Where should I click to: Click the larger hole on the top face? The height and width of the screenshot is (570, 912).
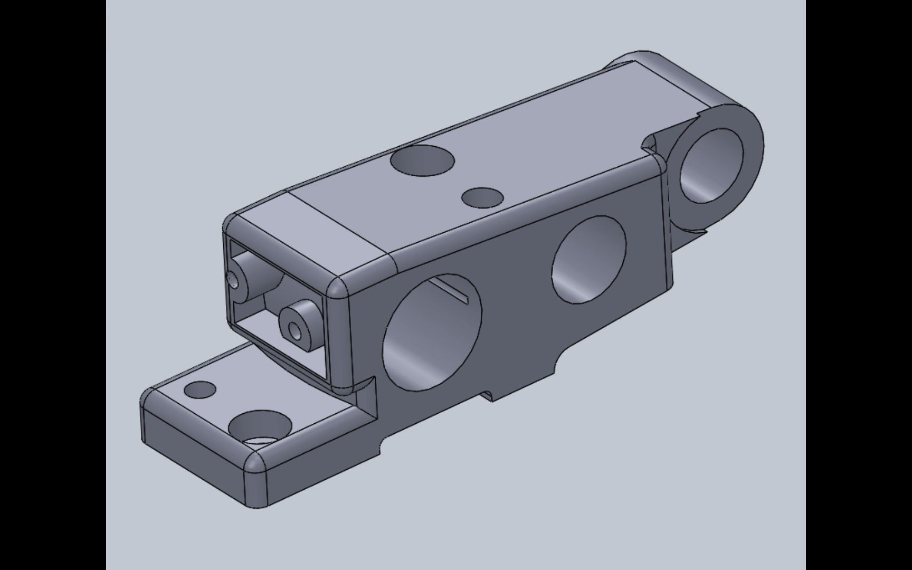pos(422,160)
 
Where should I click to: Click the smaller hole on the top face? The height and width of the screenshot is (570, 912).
pos(482,197)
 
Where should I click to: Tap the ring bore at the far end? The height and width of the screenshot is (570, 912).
pos(711,165)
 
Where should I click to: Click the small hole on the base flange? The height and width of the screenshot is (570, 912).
pos(200,389)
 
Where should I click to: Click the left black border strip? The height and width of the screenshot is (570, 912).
pos(53,285)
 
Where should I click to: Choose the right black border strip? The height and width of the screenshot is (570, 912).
pos(859,285)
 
